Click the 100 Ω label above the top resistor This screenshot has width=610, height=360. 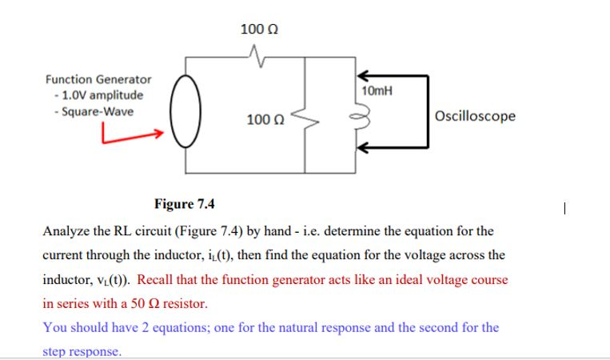tap(259, 30)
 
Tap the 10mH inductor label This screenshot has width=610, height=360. tap(377, 91)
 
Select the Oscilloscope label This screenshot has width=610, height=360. tap(476, 116)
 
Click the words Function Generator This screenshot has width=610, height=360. tap(98, 80)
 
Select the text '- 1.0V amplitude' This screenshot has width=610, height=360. tap(97, 95)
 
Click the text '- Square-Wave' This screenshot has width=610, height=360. tap(91, 110)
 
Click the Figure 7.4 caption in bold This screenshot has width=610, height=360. tap(185, 204)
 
